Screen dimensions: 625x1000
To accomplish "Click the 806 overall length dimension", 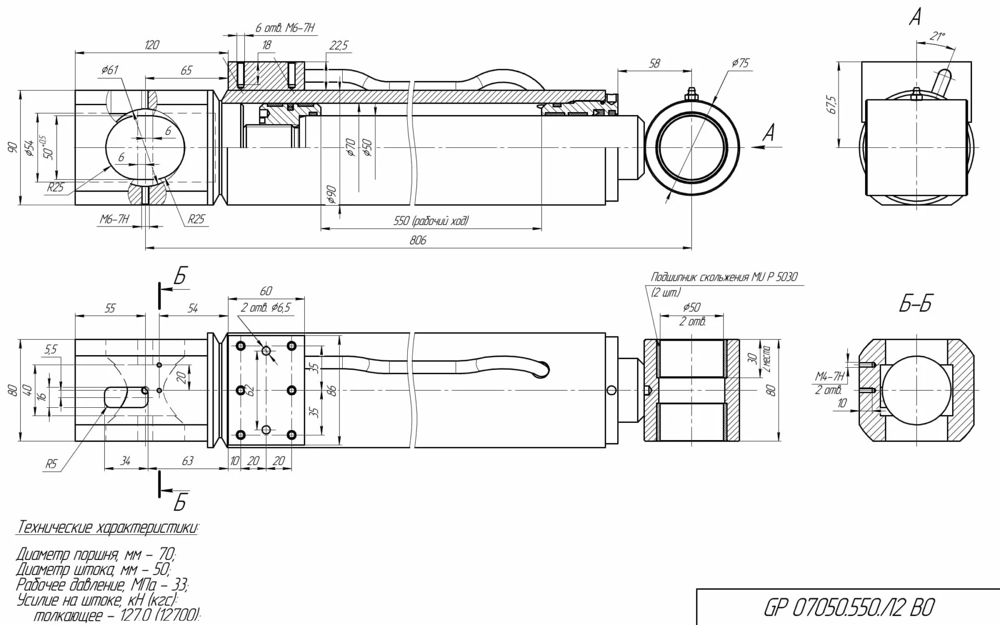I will (x=418, y=240).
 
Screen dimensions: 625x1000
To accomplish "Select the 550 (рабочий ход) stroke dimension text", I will (x=430, y=221).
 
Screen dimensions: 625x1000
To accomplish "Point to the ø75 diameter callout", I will (x=740, y=63).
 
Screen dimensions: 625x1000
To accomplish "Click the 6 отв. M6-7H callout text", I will (x=285, y=28).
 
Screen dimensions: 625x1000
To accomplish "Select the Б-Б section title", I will (x=915, y=304).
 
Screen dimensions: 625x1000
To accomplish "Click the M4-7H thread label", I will (x=829, y=376).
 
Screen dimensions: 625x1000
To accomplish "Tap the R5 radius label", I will (x=51, y=464).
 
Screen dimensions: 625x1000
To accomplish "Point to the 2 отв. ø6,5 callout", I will (x=265, y=308).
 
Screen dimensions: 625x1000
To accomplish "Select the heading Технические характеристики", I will (x=107, y=527).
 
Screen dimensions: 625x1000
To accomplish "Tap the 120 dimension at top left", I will (x=151, y=45).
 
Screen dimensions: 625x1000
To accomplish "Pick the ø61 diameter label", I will (x=110, y=70).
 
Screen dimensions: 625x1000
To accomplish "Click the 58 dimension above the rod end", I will (x=654, y=63).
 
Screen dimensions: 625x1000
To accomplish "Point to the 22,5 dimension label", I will (x=338, y=45).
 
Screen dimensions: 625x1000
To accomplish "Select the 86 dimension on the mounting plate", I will (x=333, y=390).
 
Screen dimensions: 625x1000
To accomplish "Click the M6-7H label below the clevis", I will (x=115, y=219).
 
